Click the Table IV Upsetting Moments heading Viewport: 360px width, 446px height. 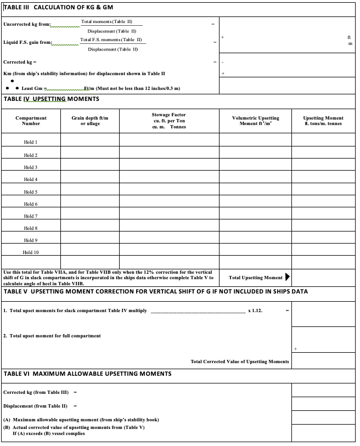point(52,99)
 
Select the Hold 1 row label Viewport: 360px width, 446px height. point(31,142)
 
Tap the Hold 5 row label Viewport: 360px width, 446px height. point(31,192)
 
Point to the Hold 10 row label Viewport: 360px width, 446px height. point(31,252)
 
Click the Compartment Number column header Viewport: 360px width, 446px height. point(31,121)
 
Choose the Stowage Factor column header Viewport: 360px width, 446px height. point(169,121)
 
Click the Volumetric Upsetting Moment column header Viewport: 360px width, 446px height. point(255,121)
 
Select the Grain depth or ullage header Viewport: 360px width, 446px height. point(90,121)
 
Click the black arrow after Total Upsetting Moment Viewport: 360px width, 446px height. point(287,277)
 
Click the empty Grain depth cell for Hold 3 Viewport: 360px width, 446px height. point(90,167)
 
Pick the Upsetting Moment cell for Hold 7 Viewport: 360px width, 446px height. point(324,216)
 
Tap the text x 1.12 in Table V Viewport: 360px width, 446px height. point(255,311)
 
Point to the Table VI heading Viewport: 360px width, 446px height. point(88,374)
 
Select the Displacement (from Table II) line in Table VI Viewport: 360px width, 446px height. point(36,406)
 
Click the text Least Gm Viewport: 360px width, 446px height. point(32,88)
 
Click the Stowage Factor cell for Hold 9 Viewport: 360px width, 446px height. point(169,240)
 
